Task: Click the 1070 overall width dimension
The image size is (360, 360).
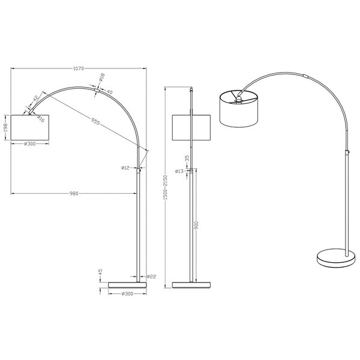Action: (79, 69)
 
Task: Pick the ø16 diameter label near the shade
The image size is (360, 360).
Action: (41, 119)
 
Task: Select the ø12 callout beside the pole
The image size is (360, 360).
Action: (125, 168)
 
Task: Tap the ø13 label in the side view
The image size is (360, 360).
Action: (179, 171)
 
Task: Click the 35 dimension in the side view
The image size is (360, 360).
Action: (187, 158)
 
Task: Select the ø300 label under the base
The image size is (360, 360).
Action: (127, 293)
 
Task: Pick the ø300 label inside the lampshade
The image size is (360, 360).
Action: (30, 144)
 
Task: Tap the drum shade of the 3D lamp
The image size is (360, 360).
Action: (239, 109)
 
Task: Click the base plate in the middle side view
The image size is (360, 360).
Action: (191, 282)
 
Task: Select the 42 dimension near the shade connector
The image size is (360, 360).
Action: (35, 98)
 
